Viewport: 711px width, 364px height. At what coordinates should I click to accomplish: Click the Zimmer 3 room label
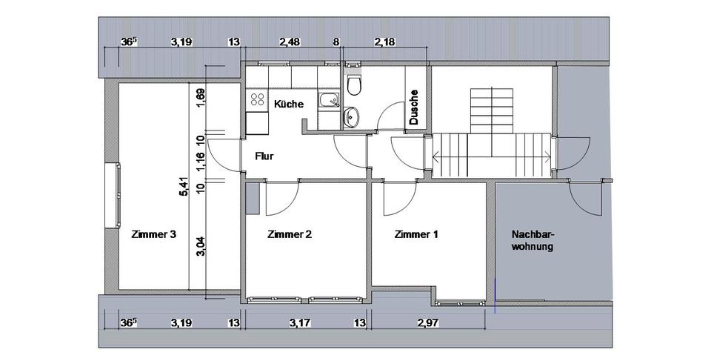[x=153, y=235]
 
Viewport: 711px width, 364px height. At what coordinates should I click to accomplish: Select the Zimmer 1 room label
[x=416, y=235]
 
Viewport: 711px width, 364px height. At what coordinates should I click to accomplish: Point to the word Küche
[x=289, y=105]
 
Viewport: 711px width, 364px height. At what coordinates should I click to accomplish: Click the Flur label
[x=265, y=156]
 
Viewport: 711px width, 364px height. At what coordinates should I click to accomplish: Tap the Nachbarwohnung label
[x=533, y=241]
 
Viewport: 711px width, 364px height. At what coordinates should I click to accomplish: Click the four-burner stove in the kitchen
[x=257, y=99]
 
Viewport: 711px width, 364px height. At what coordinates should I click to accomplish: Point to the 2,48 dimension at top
[x=290, y=42]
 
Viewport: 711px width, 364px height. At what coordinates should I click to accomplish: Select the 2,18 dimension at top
[x=385, y=42]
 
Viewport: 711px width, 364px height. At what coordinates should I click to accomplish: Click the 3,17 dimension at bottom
[x=301, y=322]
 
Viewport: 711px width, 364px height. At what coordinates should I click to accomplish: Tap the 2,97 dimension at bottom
[x=429, y=322]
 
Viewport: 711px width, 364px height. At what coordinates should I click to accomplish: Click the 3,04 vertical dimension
[x=200, y=245]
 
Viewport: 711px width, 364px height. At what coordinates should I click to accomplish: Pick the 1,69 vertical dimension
[x=200, y=97]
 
